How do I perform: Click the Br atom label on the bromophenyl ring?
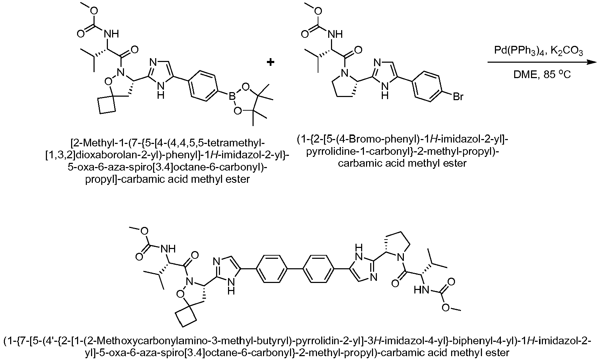pos(458,97)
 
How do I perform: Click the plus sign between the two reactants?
pos(270,62)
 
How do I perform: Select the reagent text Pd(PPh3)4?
pos(518,51)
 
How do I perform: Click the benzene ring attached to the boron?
pos(202,86)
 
